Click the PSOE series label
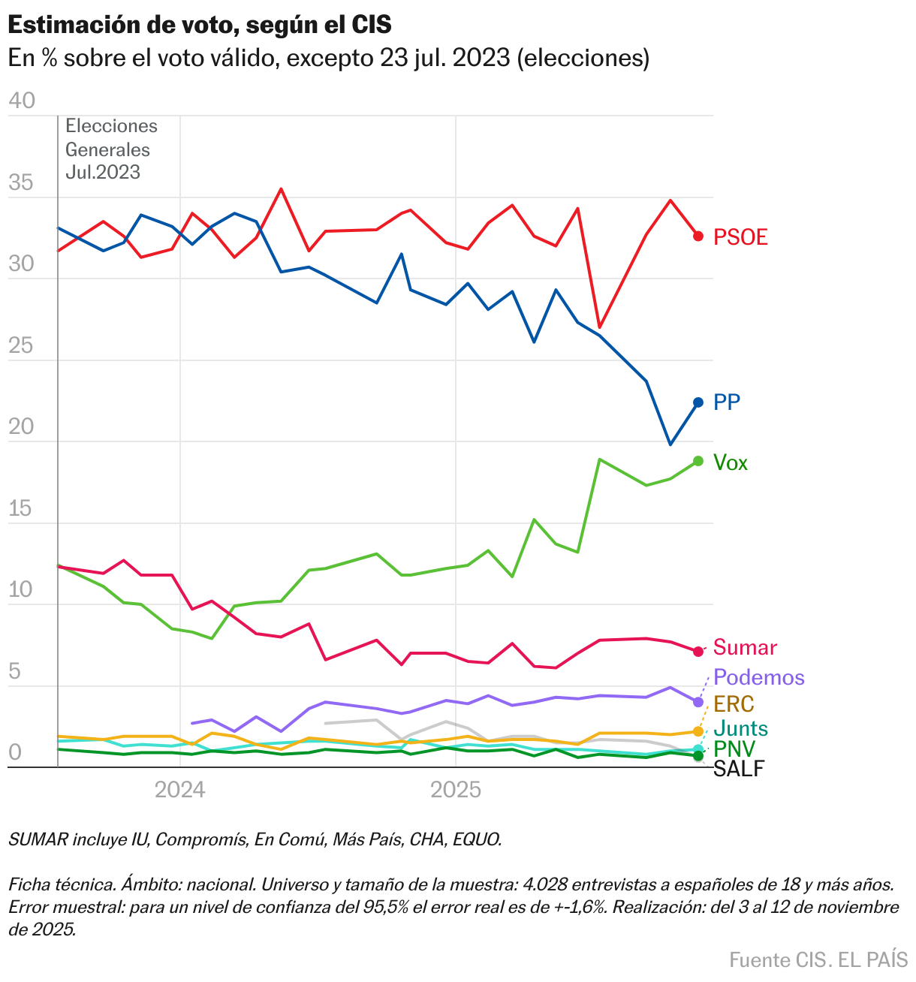tap(740, 237)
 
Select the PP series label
tap(727, 402)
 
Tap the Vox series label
tap(731, 462)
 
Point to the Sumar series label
tap(745, 647)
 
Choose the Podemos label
tap(758, 677)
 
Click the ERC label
tap(734, 704)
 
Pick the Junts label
tap(740, 728)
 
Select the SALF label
tap(738, 769)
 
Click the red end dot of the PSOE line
tap(698, 236)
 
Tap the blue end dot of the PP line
tap(698, 402)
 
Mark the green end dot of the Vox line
tap(698, 461)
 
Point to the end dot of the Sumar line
tap(698, 651)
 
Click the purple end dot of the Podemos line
tap(698, 702)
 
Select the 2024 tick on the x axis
tap(179, 790)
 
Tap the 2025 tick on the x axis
tap(455, 790)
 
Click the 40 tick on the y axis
tap(22, 101)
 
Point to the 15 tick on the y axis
tap(22, 509)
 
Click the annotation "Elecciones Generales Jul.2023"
tap(111, 149)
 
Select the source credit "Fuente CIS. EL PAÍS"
tap(818, 959)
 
